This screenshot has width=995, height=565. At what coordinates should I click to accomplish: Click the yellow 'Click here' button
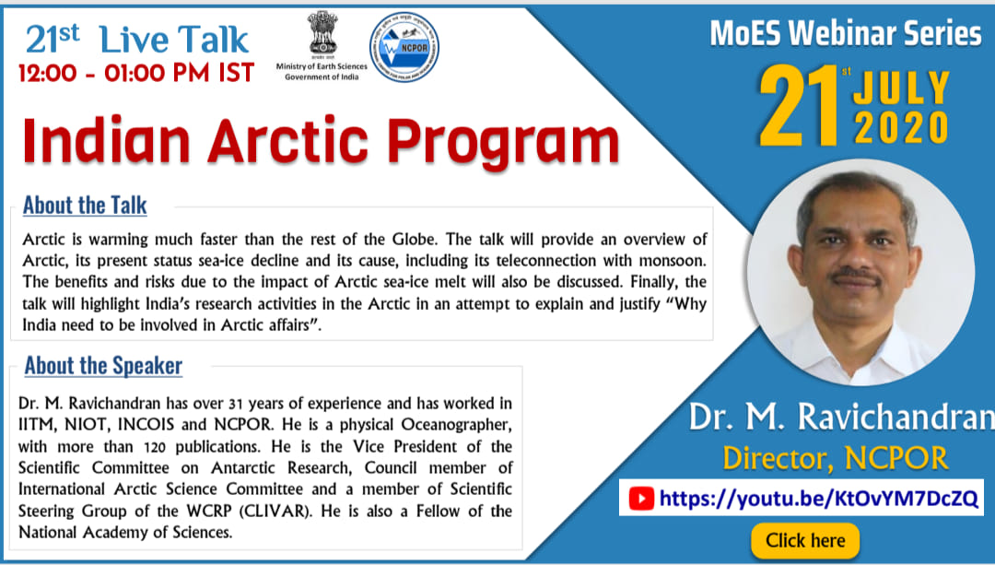click(805, 540)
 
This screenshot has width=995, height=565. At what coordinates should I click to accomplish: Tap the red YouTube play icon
click(641, 499)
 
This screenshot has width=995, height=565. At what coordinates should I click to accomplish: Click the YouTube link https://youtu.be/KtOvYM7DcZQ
click(819, 499)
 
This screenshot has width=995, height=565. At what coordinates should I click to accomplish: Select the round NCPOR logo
click(404, 47)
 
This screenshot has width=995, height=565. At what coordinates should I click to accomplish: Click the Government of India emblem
click(322, 31)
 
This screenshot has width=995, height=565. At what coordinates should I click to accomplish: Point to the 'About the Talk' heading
click(85, 205)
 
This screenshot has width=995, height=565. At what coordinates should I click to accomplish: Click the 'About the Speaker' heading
click(103, 366)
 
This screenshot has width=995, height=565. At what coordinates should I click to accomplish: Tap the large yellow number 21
click(800, 106)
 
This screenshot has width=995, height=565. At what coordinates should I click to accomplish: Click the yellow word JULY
click(902, 88)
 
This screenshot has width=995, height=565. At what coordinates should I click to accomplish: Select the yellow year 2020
click(902, 127)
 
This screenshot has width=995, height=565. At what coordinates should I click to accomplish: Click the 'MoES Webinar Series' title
click(845, 33)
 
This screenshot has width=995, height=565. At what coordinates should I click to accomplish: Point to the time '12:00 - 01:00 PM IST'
click(136, 73)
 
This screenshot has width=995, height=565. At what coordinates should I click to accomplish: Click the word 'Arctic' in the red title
click(288, 141)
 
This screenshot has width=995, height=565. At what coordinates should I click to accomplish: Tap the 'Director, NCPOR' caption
click(835, 458)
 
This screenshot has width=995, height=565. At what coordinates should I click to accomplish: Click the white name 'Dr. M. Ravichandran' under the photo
click(842, 418)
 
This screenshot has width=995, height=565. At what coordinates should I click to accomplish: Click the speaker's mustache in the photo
click(855, 276)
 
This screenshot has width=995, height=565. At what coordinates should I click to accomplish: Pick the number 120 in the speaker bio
click(154, 447)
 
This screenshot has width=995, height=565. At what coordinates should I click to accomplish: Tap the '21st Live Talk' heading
click(137, 40)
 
